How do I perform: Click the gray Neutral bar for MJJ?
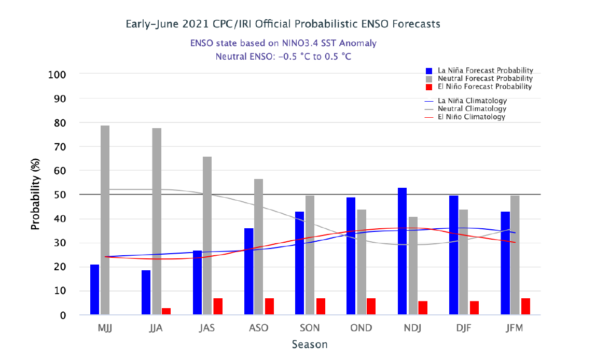pyautogui.click(x=105, y=220)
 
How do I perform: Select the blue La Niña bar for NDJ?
pyautogui.click(x=402, y=251)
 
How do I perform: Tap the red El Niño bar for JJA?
pyautogui.click(x=166, y=311)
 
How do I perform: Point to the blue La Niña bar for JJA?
pyautogui.click(x=146, y=292)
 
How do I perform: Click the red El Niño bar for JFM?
pyautogui.click(x=525, y=306)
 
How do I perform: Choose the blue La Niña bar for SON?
pyautogui.click(x=300, y=262)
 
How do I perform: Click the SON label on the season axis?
pyautogui.click(x=310, y=328)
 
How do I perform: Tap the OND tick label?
pyautogui.click(x=361, y=328)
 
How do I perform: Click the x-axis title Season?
pyautogui.click(x=310, y=344)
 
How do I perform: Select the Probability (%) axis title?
pyautogui.click(x=35, y=195)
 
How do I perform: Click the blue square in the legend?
pyautogui.click(x=429, y=71)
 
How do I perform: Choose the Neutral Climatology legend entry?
pyautogui.click(x=472, y=109)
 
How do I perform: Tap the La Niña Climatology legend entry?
pyautogui.click(x=472, y=101)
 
